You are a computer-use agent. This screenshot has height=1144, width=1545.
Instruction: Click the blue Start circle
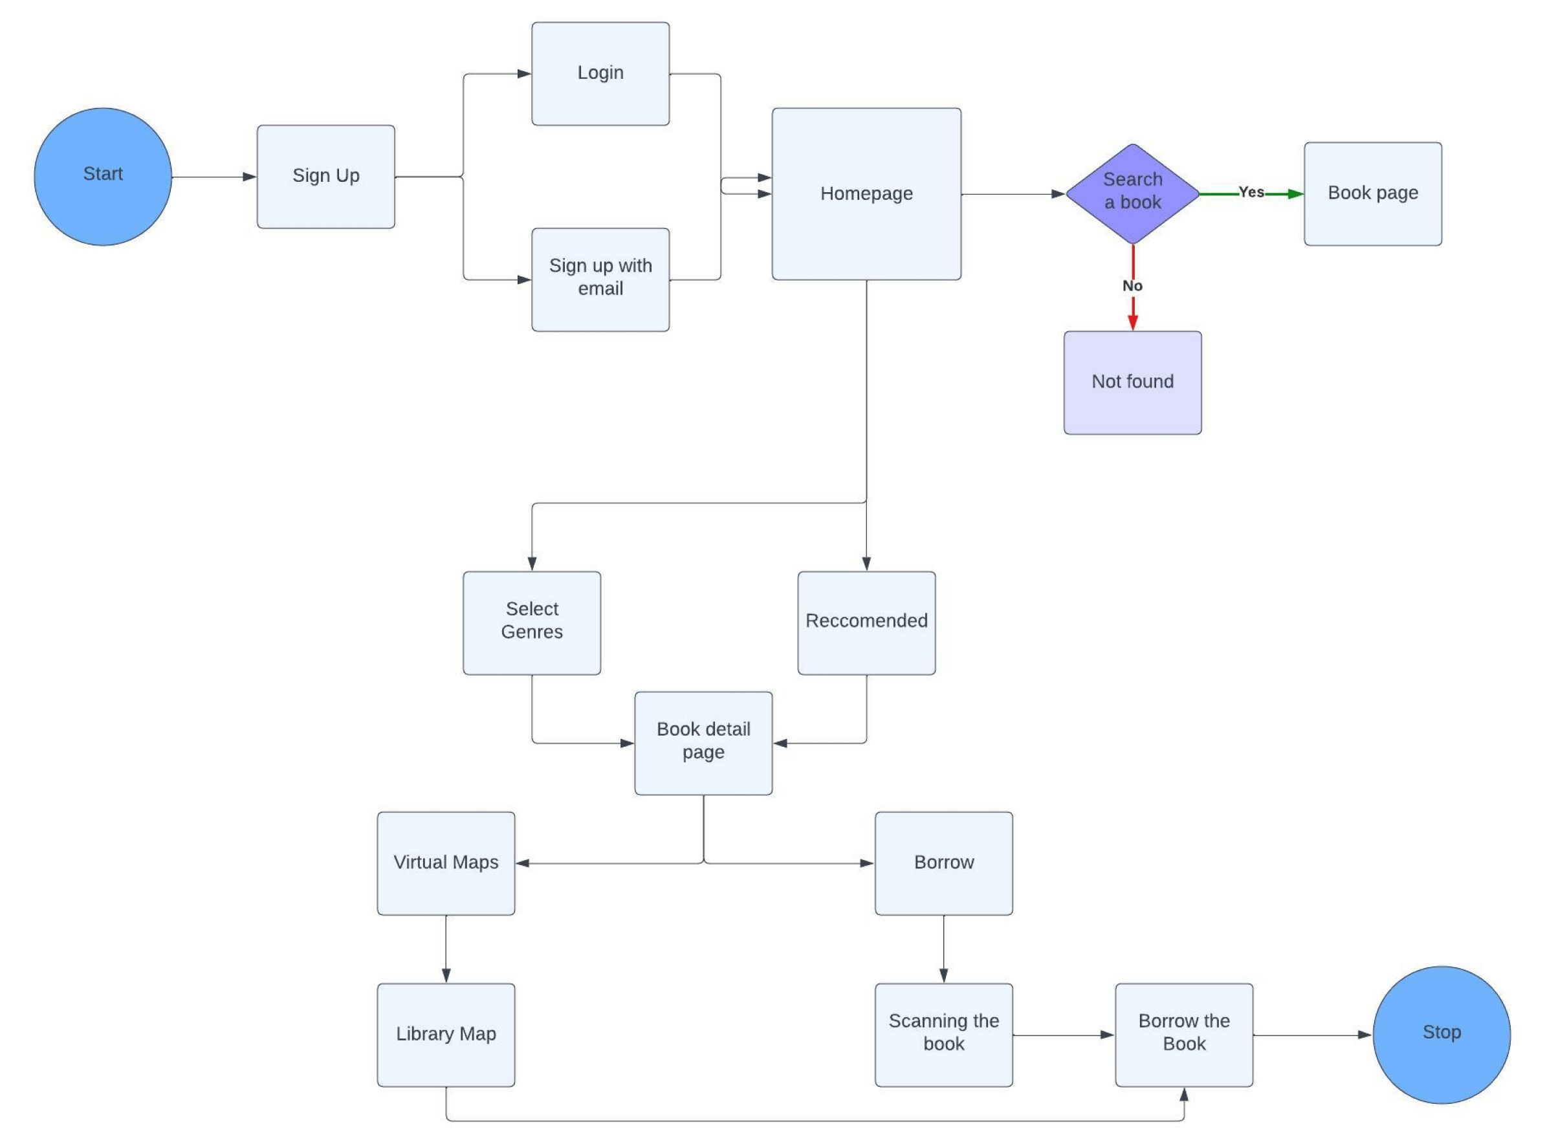(102, 177)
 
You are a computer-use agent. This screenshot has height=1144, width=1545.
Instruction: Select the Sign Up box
(325, 177)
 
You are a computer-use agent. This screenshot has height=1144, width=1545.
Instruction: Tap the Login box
(600, 73)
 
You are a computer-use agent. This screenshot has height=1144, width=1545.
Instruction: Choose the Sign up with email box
(600, 279)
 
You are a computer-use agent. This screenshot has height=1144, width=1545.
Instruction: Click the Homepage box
(866, 194)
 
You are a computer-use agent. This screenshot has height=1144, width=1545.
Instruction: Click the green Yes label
(1251, 192)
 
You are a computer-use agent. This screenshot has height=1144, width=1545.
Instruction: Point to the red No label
(1132, 286)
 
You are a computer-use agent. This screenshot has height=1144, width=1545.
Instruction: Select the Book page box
(1372, 194)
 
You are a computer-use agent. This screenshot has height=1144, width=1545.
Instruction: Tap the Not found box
(1132, 382)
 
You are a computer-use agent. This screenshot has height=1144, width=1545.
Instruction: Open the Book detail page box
(703, 742)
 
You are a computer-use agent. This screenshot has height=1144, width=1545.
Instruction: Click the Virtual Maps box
(445, 863)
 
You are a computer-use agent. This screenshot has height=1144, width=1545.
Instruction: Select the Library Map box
(445, 1034)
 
